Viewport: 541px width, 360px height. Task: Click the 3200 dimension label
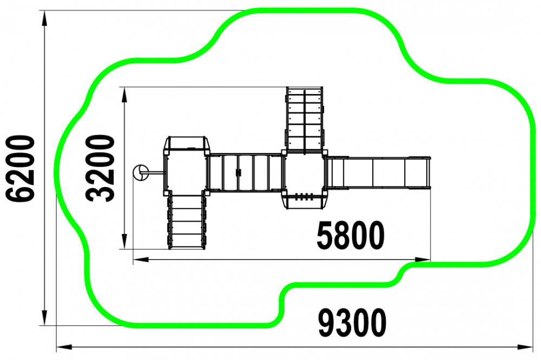100,168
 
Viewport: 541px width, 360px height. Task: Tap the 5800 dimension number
350,236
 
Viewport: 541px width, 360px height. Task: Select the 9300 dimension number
352,323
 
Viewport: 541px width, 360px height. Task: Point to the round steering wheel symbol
141,172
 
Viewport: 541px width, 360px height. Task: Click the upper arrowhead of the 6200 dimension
44,18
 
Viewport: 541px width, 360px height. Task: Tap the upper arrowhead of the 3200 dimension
124,95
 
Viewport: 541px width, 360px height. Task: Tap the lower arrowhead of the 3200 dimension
124,241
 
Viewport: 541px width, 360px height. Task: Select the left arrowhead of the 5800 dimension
141,259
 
